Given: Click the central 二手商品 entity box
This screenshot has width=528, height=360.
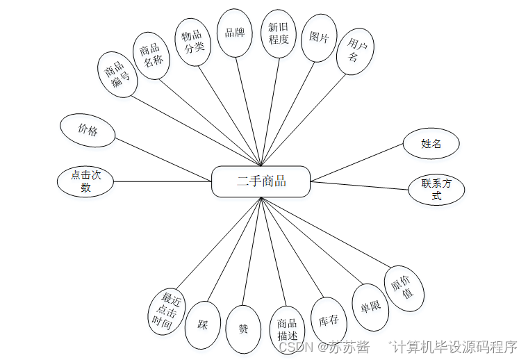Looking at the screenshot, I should (x=261, y=181).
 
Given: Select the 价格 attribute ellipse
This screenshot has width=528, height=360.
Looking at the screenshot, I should (x=88, y=130).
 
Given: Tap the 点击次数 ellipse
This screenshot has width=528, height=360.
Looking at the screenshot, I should (x=85, y=181).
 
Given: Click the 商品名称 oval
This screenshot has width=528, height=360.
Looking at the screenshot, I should (x=151, y=54).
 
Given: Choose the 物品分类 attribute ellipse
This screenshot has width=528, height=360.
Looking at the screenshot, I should (x=192, y=42).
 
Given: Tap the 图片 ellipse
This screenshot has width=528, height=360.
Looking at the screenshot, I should (x=319, y=38).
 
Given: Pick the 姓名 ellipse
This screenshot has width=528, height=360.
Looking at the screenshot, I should (x=431, y=145).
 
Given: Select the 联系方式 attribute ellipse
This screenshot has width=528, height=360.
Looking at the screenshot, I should (x=436, y=190).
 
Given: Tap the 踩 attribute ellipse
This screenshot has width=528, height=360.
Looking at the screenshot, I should (x=203, y=325).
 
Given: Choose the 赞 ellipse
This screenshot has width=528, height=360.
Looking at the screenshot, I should (x=243, y=328).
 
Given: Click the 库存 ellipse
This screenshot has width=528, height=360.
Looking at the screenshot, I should (x=328, y=320).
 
